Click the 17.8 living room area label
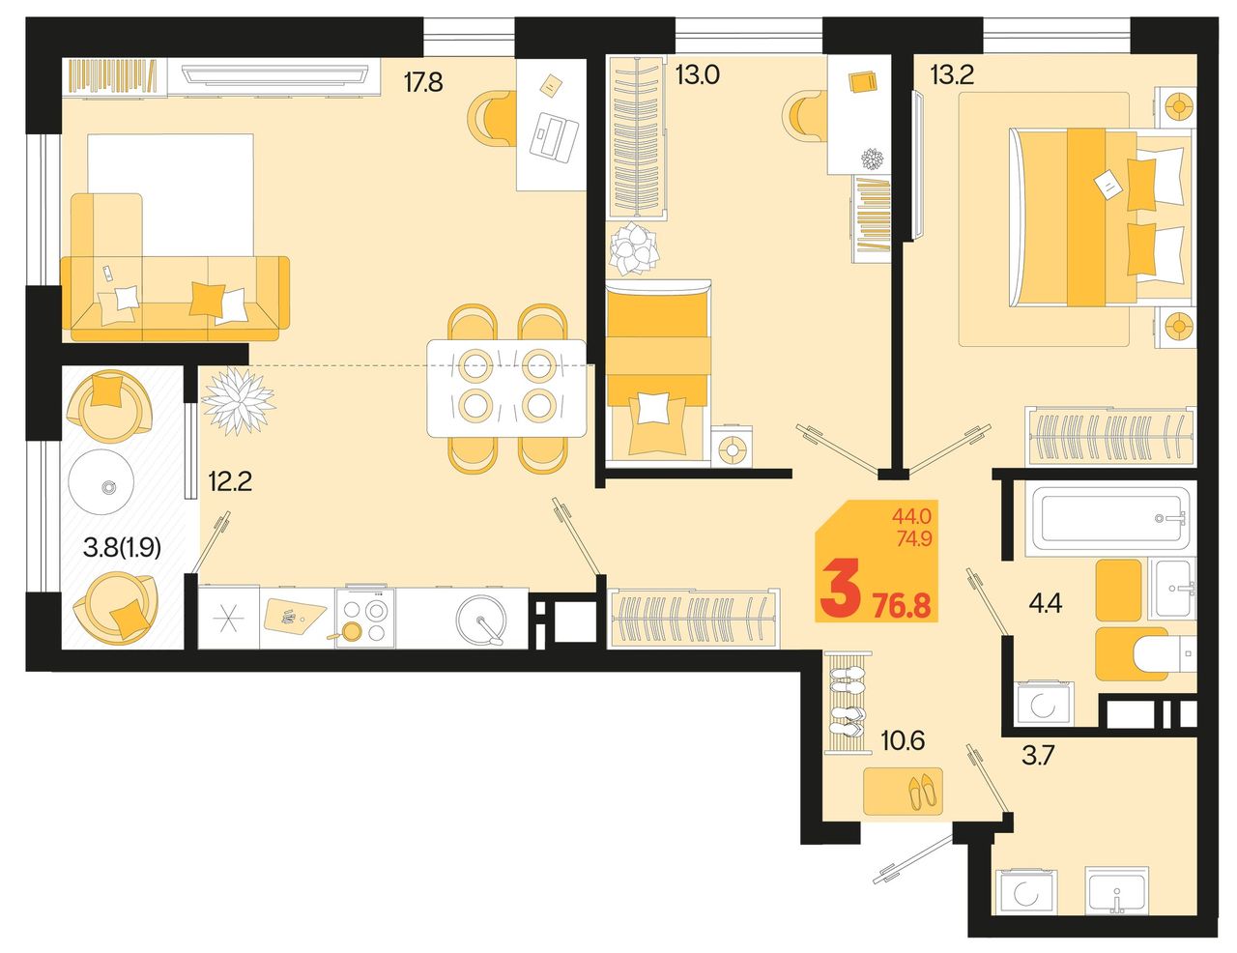[423, 82]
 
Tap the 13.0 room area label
[698, 74]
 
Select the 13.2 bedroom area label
[952, 74]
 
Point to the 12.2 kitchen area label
[230, 482]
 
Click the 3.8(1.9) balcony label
[123, 548]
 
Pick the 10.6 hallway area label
[903, 740]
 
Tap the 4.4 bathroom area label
[1045, 603]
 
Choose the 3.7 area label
[1039, 757]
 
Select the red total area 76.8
[903, 607]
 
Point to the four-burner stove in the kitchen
[365, 617]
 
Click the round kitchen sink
[481, 620]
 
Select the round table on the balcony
[101, 481]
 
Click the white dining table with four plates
[506, 389]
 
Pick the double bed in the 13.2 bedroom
[1101, 217]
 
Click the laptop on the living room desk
[554, 135]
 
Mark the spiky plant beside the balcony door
[238, 401]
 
